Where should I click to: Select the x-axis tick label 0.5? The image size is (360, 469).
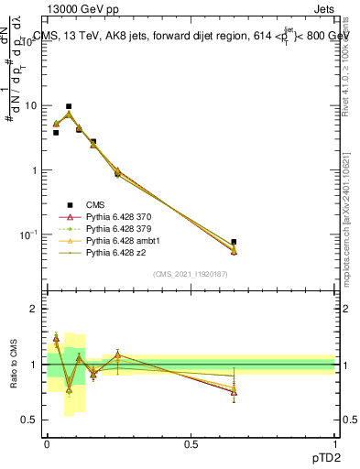pos(191,443)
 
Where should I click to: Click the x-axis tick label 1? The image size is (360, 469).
pos(334,443)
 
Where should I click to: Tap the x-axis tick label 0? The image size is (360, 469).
pos(47,443)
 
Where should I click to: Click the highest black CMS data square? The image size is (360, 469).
pos(69,106)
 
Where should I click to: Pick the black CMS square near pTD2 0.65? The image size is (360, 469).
pos(235,242)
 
